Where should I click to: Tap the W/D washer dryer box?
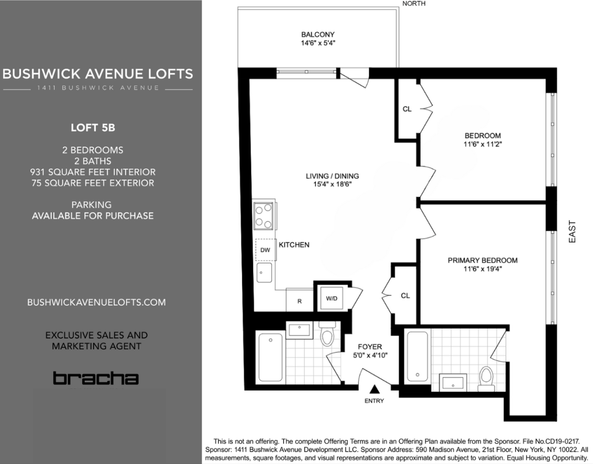click(331, 298)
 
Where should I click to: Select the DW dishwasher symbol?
click(265, 250)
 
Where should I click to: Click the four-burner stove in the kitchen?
click(264, 216)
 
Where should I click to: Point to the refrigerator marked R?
click(299, 301)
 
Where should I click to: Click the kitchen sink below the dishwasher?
click(265, 272)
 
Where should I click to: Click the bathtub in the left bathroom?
click(270, 357)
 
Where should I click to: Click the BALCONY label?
click(317, 34)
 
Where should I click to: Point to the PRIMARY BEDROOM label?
click(482, 260)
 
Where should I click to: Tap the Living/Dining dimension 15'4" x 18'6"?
click(332, 184)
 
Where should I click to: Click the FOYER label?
click(370, 347)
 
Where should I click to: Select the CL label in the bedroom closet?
click(407, 109)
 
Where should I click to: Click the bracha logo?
click(95, 378)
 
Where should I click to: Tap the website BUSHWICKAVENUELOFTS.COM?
click(96, 302)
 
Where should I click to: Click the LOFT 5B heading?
click(93, 128)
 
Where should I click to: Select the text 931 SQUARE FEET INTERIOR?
click(93, 172)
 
